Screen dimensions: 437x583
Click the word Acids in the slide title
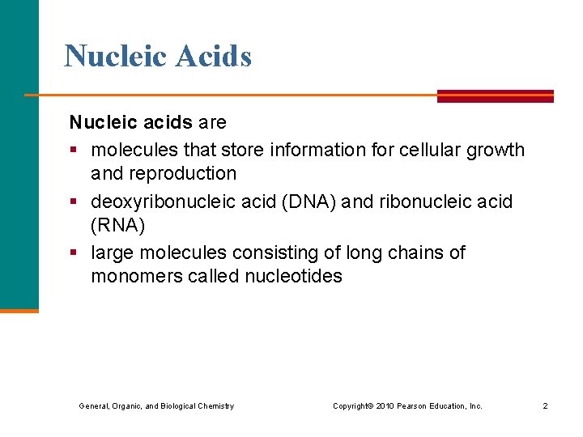click(x=214, y=56)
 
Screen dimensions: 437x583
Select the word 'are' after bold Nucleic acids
click(x=212, y=123)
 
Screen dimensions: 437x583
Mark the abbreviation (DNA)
click(x=309, y=202)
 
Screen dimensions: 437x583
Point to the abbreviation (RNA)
click(x=118, y=225)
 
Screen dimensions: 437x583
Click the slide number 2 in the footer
click(x=545, y=405)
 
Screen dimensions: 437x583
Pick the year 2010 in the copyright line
click(x=385, y=405)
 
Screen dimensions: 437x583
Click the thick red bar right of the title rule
click(x=495, y=95)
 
